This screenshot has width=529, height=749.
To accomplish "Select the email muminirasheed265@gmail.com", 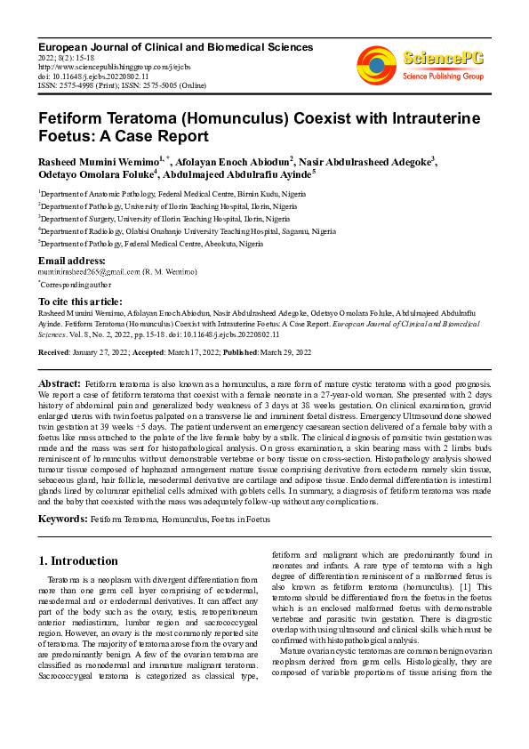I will (x=89, y=270).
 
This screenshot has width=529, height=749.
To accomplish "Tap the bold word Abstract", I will (x=60, y=383).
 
